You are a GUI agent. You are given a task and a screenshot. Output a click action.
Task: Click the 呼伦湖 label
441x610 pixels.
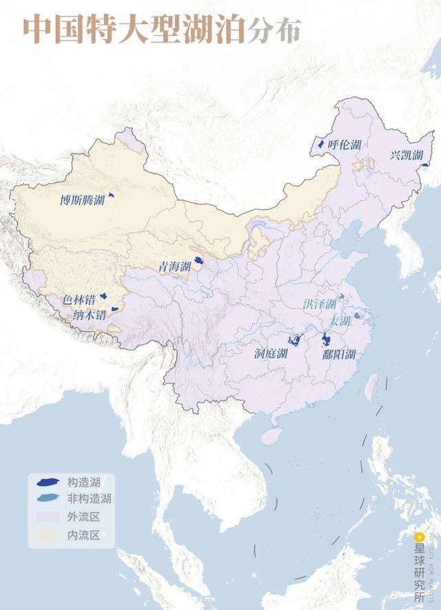pos(344,145)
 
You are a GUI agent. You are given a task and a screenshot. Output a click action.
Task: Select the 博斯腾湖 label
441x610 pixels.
pos(82,201)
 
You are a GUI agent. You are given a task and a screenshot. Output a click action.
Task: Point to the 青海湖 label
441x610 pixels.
pos(173,266)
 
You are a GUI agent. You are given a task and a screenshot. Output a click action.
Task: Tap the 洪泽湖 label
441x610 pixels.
pos(320,304)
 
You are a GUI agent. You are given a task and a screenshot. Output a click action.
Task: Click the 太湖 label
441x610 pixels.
pos(340,322)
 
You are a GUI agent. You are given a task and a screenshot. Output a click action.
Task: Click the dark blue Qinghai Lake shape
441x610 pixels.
pos(198,261)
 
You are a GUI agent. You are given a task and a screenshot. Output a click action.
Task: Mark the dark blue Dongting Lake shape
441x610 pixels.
pos(296,341)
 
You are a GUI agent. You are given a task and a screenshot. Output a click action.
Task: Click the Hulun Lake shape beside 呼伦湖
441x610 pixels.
pos(320,145)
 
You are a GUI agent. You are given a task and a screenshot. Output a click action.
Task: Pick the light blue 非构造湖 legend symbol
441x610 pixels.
pos(46,498)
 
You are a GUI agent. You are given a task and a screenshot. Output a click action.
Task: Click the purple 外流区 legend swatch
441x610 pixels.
pos(46,516)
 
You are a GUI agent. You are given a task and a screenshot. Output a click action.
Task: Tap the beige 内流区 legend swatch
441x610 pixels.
pos(46,534)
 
